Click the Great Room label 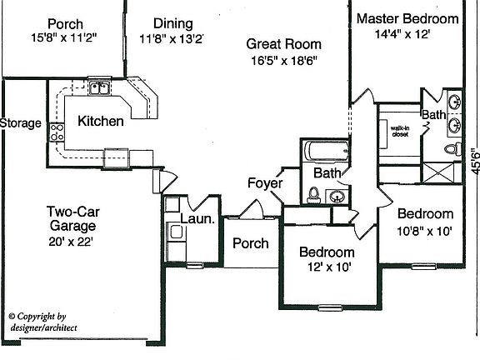pos(284,44)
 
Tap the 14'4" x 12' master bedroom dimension pos(402,34)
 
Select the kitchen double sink pos(100,88)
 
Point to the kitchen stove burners pos(57,132)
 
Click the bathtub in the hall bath pos(326,151)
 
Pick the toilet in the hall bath pos(313,195)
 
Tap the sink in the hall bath pos(337,196)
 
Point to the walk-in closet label pos(400,131)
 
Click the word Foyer pos(265,183)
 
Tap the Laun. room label pos(197,219)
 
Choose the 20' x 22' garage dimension pos(71,242)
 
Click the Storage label pos(21,123)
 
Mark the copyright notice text pos(42,322)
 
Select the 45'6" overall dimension pos(475,162)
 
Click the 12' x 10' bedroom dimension pos(329,267)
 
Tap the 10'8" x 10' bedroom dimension pos(425,231)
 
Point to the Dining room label pos(173,23)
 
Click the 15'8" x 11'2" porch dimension pos(64,37)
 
